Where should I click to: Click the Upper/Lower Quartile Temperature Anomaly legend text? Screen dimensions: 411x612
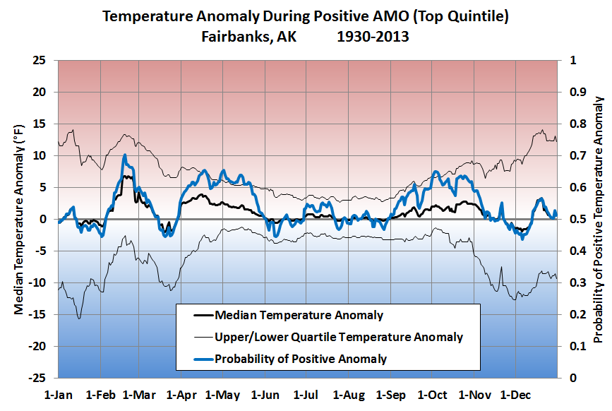point(339,337)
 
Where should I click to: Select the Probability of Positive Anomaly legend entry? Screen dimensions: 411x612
point(301,359)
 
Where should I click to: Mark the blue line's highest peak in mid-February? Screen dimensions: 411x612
point(124,155)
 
